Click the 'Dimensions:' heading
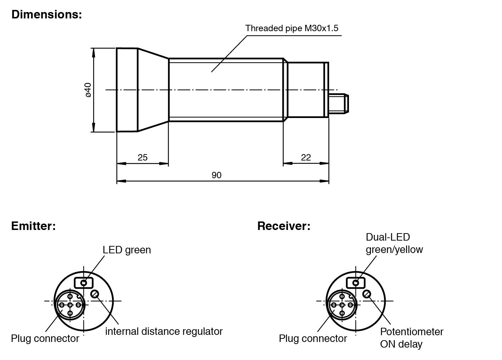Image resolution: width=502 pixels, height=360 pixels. coord(46,15)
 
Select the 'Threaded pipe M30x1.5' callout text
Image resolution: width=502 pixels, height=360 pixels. coord(292,28)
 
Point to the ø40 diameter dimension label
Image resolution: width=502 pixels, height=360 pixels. coord(88,90)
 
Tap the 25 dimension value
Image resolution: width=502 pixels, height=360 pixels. coord(142,157)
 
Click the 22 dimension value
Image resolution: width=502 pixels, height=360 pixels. coord(306,157)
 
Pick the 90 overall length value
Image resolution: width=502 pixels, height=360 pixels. coord(216,175)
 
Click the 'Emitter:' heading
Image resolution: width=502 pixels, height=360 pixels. coord(33,226)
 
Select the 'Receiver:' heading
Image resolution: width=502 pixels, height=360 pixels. coord(284,226)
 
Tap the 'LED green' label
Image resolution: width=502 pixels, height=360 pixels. coord(127,250)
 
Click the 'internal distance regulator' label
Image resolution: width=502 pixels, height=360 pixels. coord(164,332)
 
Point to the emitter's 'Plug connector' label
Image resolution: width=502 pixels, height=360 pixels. coord(45,339)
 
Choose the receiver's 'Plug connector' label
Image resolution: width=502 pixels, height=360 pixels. coord(313,339)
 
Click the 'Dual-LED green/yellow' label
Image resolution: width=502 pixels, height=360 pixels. coord(394,243)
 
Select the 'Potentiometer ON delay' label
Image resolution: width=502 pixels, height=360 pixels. coord(411,338)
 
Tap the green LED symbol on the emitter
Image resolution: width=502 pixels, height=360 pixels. coord(84,283)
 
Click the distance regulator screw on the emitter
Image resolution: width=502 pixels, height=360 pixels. coord(95,294)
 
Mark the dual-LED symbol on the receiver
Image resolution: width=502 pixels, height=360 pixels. coord(356,283)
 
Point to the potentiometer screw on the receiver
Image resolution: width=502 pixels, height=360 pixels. coord(367,294)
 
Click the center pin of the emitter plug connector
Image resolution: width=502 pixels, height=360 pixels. coord(70,305)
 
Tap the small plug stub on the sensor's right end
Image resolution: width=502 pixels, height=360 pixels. coord(338,104)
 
